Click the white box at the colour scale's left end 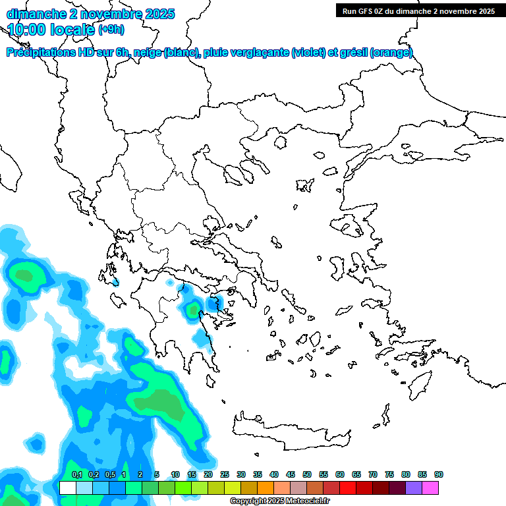point(67,488)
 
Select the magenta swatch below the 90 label point(430,488)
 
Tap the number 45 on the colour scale point(291,475)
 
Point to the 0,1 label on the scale point(77,475)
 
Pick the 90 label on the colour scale point(439,475)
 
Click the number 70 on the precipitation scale point(373,475)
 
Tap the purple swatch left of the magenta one point(414,488)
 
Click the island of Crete point(290,432)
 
